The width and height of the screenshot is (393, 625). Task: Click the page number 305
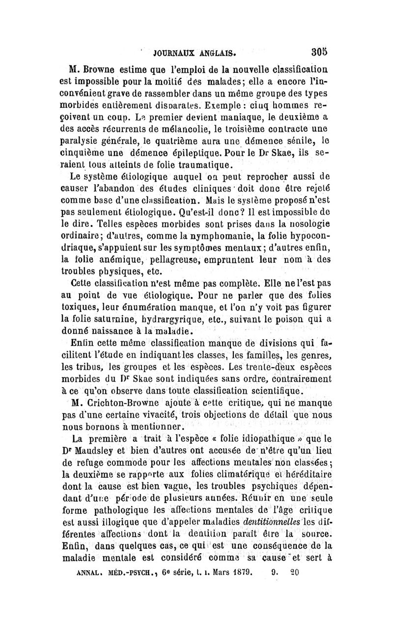(x=320, y=51)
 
